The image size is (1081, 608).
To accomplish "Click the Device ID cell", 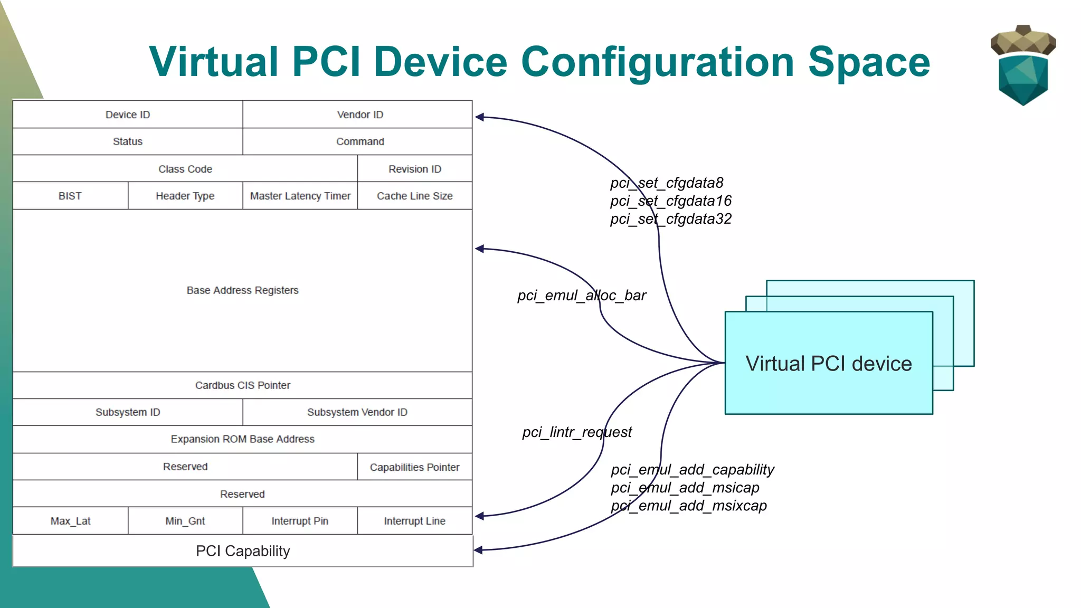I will (128, 115).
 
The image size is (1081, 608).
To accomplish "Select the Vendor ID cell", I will (360, 115).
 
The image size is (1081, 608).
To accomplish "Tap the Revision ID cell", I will (415, 169).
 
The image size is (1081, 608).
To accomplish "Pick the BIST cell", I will (70, 196).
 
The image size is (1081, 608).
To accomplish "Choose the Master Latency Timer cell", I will (300, 196).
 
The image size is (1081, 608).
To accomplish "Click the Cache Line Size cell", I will (415, 196).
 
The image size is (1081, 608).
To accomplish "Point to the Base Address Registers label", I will (242, 290).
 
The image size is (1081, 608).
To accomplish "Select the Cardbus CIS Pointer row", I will (242, 385).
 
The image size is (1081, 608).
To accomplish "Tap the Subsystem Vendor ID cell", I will (357, 412).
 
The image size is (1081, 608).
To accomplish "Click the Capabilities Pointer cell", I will (415, 467).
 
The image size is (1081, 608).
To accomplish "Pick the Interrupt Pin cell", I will (300, 521).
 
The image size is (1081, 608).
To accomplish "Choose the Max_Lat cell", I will (70, 521).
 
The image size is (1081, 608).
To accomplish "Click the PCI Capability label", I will (243, 551).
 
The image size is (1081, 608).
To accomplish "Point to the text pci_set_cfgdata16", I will (671, 201).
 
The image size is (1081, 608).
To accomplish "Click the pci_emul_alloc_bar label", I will (582, 296).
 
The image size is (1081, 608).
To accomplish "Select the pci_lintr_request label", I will (577, 432).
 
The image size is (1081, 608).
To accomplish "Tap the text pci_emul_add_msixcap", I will (689, 506).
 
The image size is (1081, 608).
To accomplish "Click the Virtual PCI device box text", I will (829, 364).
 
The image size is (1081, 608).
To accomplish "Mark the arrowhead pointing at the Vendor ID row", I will (479, 117).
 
